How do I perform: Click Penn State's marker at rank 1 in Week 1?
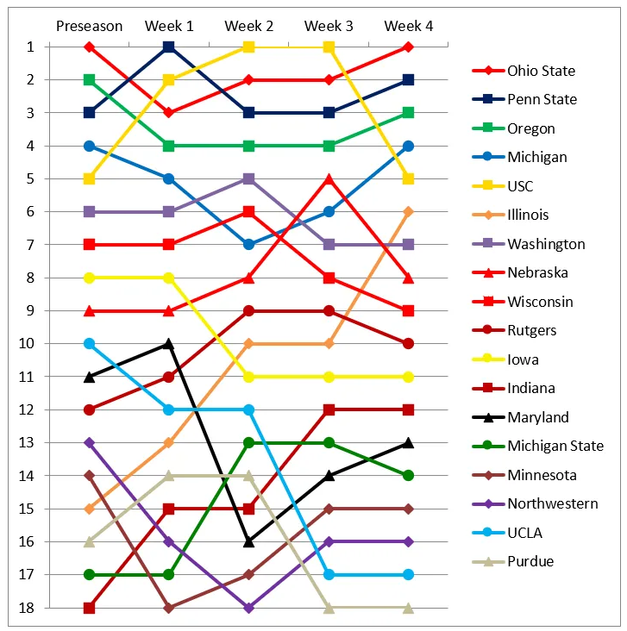169,47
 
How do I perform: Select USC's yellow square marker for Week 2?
248,47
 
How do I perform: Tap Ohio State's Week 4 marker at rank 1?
409,47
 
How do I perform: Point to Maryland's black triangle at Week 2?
248,541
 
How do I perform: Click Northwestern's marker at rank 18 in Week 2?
248,608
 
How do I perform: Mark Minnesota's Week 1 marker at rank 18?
169,608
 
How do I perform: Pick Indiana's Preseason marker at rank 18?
89,608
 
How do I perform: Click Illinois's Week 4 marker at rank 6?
409,211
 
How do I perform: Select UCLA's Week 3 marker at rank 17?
329,574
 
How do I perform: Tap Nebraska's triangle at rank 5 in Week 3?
329,178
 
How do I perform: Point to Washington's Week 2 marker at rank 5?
248,178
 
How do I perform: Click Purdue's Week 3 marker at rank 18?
329,608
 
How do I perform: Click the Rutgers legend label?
531,330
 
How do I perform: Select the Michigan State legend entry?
555,446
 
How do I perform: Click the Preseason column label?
89,26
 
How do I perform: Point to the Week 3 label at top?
329,26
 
